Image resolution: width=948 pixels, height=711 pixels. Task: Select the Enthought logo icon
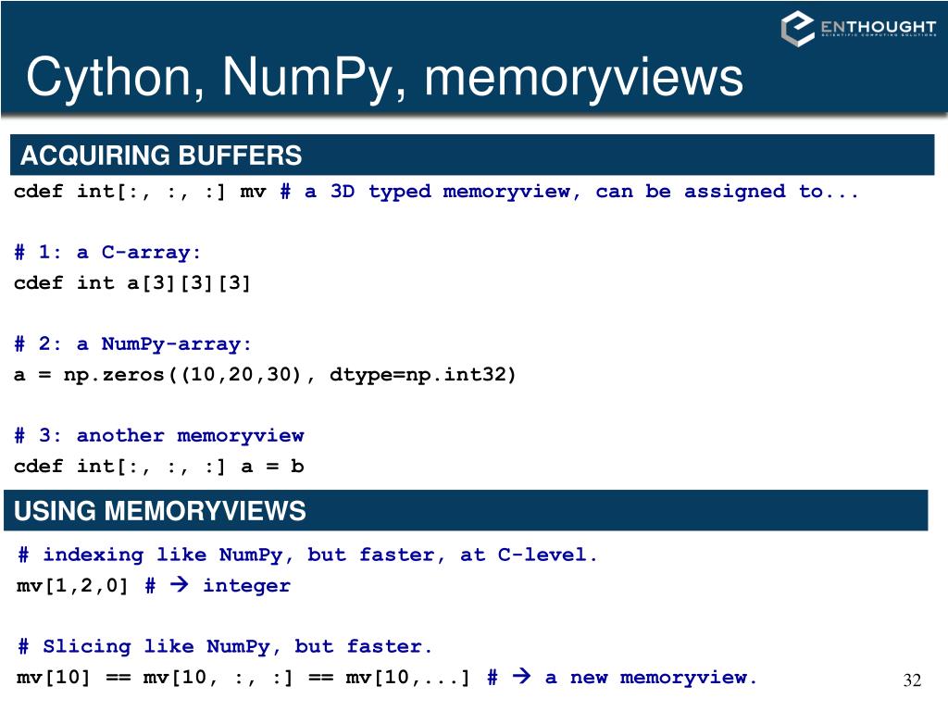coord(797,29)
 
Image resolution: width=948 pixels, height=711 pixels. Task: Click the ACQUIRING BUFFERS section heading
coord(161,156)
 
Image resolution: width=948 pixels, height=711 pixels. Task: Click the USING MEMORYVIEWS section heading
coord(160,511)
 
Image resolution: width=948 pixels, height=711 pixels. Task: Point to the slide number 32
coord(912,681)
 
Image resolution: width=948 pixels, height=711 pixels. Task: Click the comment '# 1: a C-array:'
coord(107,252)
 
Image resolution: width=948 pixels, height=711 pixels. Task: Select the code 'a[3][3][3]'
coord(189,282)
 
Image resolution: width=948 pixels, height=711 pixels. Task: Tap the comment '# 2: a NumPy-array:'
coord(132,343)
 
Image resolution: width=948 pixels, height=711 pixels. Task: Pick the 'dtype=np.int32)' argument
coord(423,374)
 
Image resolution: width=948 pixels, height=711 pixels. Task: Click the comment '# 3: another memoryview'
coord(158,435)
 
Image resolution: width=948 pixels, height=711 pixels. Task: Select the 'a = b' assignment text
coord(272,466)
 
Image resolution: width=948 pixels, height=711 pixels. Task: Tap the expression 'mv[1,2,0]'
coord(73,585)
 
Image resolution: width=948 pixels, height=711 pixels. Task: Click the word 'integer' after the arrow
coord(246,585)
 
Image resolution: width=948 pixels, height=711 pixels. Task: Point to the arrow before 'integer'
coord(180,585)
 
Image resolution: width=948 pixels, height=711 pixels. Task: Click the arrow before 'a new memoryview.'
coord(521,677)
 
